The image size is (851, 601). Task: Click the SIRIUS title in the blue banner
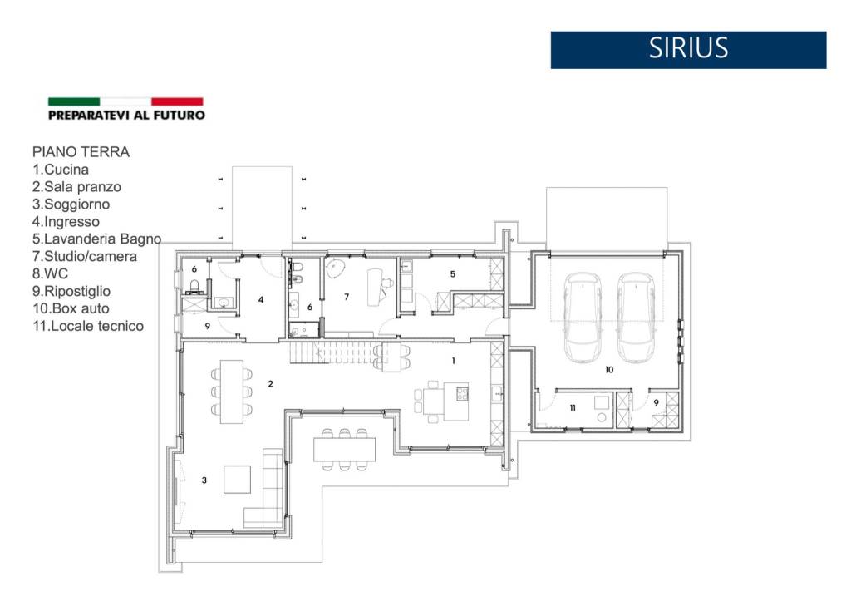[688, 47]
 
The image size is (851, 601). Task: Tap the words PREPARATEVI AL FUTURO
[126, 115]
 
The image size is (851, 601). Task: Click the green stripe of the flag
[74, 101]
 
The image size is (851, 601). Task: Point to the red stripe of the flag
[177, 101]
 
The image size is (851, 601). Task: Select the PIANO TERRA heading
[81, 152]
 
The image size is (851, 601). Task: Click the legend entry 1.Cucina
[60, 170]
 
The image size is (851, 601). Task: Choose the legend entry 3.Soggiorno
[71, 204]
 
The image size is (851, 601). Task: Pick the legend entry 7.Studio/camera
[85, 256]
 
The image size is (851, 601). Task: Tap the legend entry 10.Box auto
[71, 308]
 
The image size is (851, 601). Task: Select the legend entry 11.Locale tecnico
[88, 326]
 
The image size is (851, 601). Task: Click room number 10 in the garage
[609, 370]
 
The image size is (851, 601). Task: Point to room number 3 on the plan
[204, 480]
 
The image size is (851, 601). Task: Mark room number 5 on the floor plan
[453, 274]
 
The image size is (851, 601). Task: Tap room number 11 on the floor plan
[573, 407]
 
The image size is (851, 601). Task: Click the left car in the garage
[583, 318]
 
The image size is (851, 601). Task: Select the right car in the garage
[636, 318]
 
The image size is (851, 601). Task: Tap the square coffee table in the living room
[237, 480]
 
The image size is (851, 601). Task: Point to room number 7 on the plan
[347, 297]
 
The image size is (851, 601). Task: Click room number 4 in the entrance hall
[261, 300]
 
